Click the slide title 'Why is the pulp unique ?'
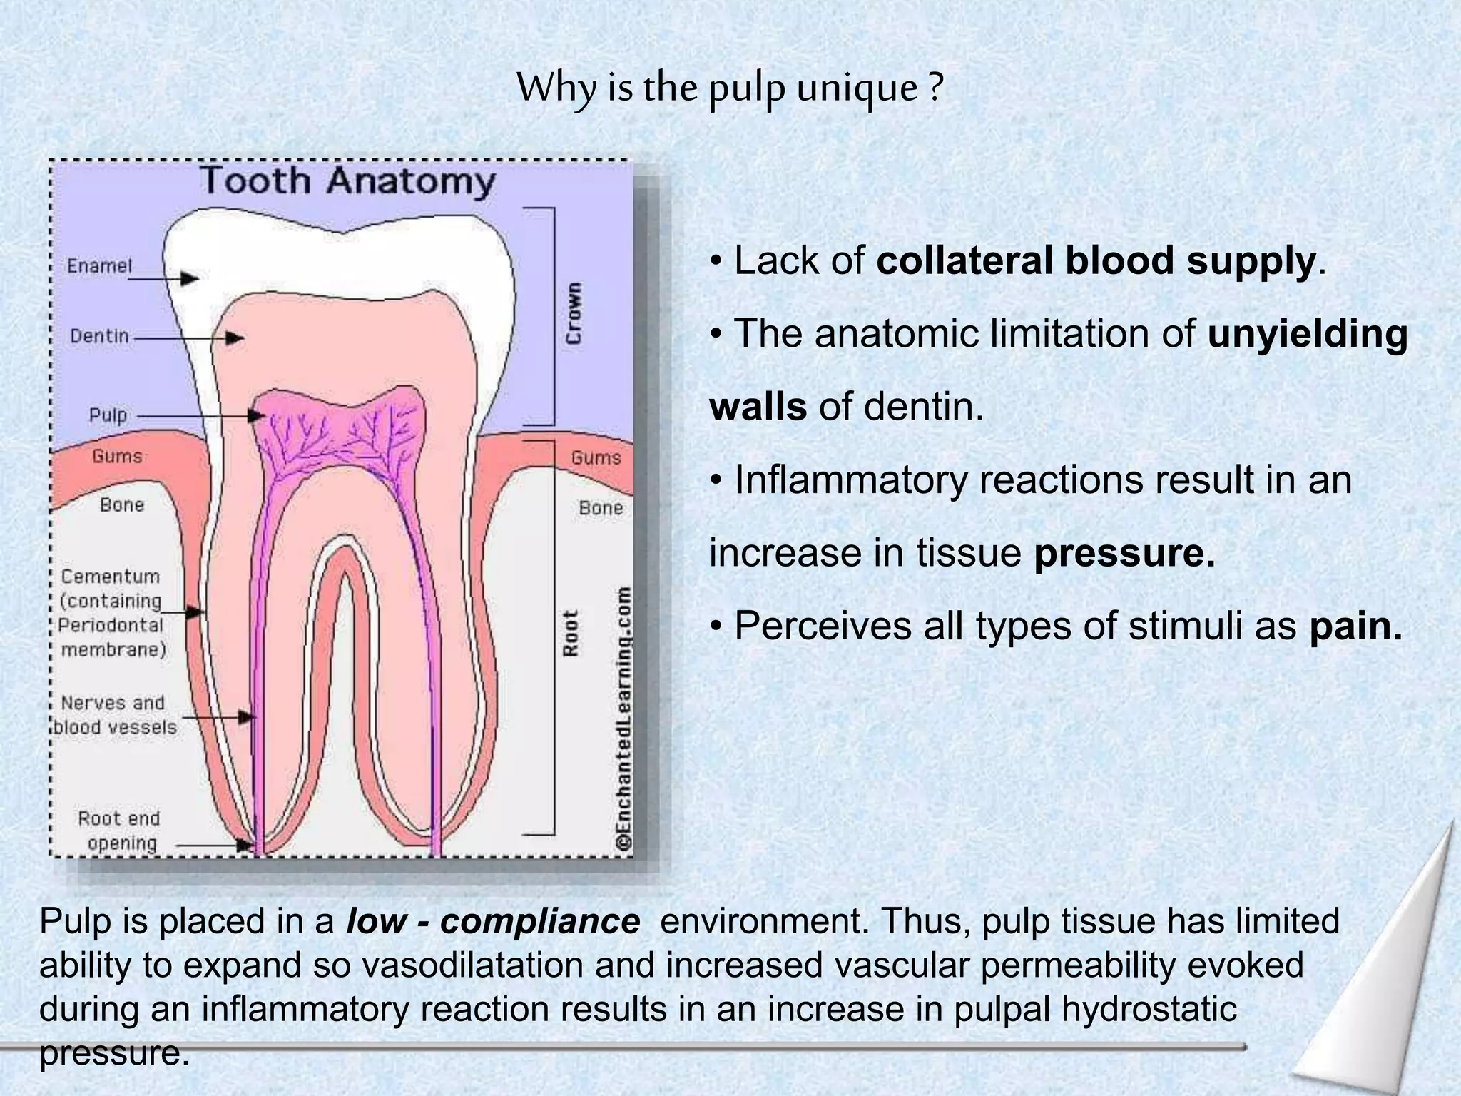[730, 89]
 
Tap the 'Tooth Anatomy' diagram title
[347, 181]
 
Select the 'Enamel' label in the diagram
[100, 266]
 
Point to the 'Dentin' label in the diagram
[100, 336]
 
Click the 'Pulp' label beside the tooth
[108, 415]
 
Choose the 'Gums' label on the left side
[117, 456]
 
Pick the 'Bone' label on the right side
[601, 508]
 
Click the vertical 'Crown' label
[574, 313]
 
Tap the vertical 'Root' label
[571, 633]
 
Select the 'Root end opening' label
[118, 831]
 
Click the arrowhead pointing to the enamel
[190, 278]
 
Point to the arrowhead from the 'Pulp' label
[257, 415]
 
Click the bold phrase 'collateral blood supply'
[1095, 260]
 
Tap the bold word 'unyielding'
[1308, 334]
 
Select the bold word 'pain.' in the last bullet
[1356, 626]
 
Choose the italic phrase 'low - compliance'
[493, 921]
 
